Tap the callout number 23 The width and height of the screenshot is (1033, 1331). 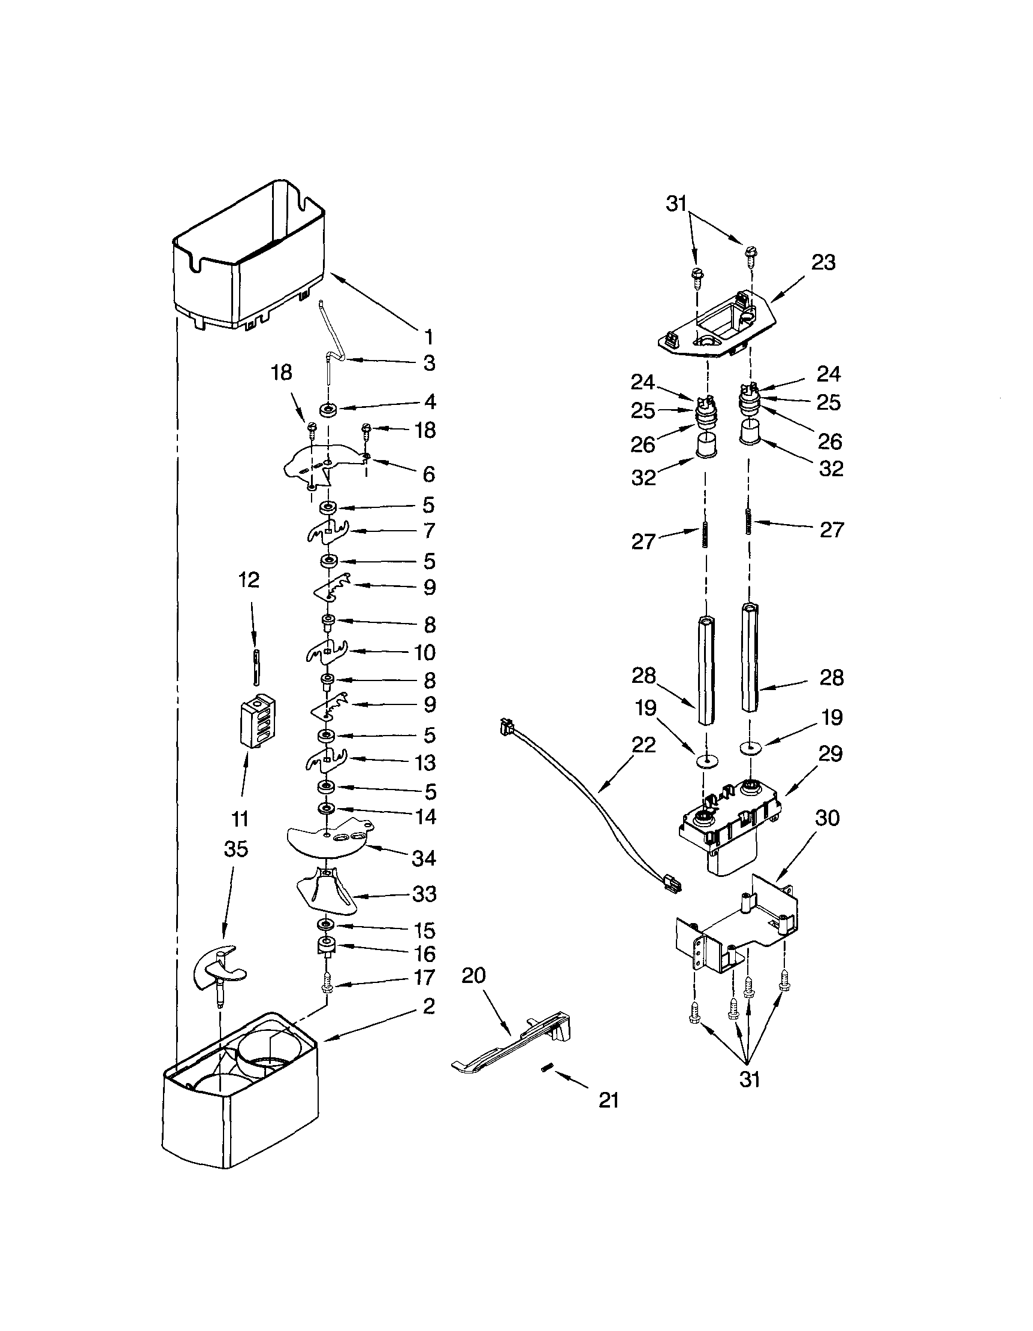(x=823, y=262)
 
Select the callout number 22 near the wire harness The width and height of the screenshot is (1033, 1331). (x=644, y=744)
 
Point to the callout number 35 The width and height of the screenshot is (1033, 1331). (x=236, y=848)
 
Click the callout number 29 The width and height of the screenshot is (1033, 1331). (x=830, y=754)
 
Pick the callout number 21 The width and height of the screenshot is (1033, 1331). (x=609, y=1100)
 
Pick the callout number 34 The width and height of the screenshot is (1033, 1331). (x=424, y=858)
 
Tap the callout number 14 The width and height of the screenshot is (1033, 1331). (x=425, y=816)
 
